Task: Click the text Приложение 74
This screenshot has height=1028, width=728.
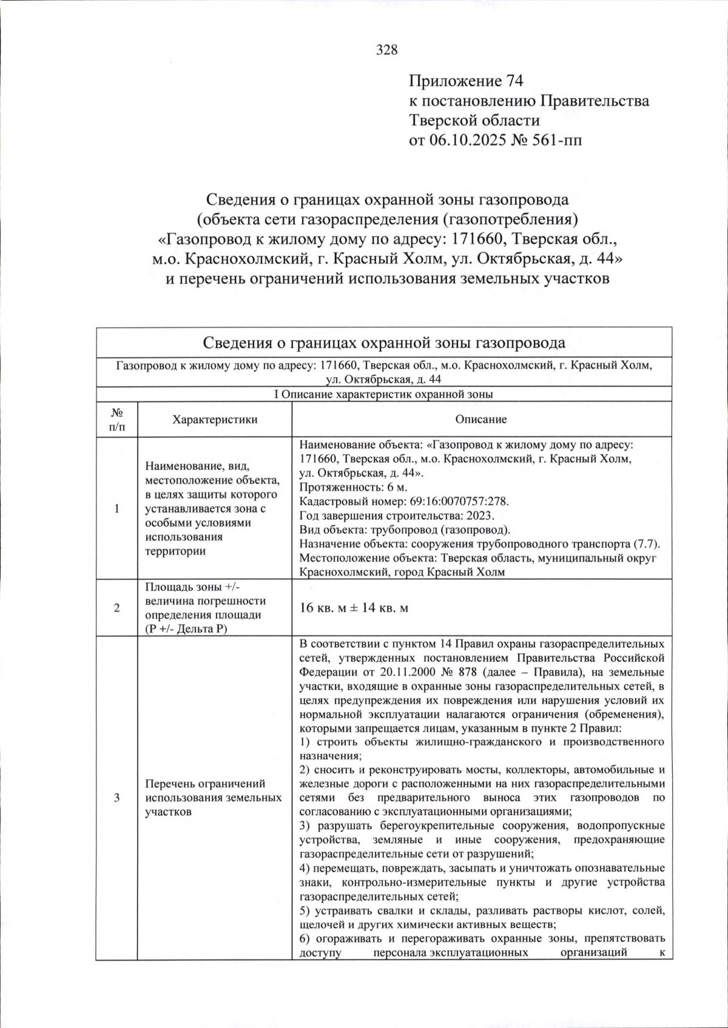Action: pyautogui.click(x=466, y=81)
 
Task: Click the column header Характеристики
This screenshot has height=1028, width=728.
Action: pyautogui.click(x=214, y=420)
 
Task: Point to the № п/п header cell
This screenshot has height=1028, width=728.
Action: pyautogui.click(x=117, y=420)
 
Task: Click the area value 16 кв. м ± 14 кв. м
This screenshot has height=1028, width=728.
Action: pyautogui.click(x=354, y=608)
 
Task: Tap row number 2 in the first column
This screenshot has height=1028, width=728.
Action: pyautogui.click(x=117, y=608)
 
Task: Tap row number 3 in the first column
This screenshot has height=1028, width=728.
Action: pyautogui.click(x=117, y=798)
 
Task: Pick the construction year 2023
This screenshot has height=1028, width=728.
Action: pyautogui.click(x=481, y=516)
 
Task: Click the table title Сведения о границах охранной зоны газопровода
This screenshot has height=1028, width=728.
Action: pyautogui.click(x=383, y=343)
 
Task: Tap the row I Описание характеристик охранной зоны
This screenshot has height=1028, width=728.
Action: pyautogui.click(x=383, y=394)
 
